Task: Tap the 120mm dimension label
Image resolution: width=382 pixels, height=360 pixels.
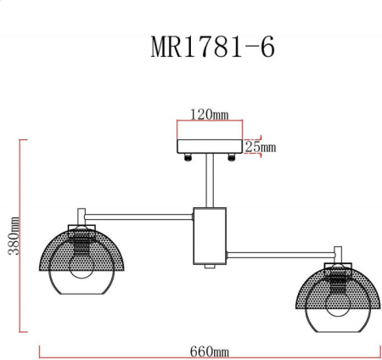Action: [x=208, y=114]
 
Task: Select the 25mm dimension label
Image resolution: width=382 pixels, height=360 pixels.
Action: [x=261, y=147]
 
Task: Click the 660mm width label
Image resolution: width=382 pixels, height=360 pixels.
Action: [x=209, y=352]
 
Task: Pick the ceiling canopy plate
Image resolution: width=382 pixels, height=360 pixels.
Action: [x=209, y=147]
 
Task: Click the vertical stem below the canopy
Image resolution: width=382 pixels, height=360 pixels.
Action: [x=208, y=183]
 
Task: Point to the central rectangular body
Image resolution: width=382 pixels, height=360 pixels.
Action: [x=209, y=234]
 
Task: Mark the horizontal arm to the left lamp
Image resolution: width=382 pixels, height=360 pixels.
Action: [x=140, y=212]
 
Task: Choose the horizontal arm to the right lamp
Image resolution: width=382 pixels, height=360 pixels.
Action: [x=280, y=251]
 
